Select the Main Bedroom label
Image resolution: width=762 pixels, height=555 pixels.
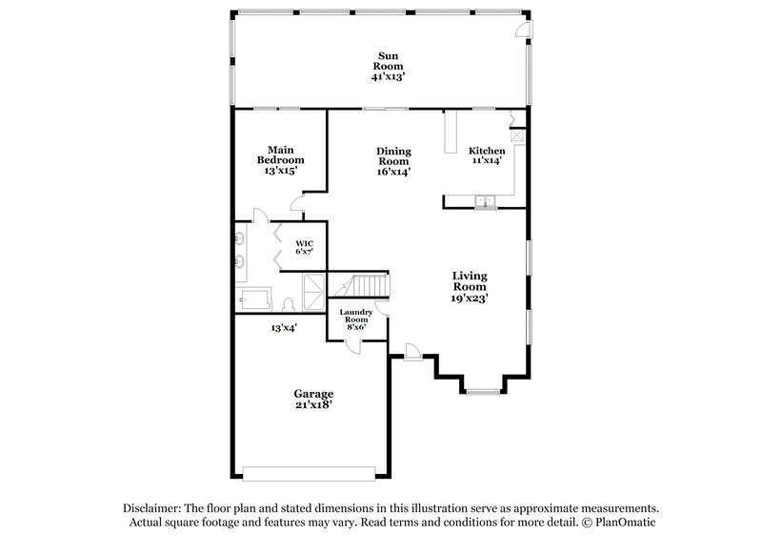(x=279, y=154)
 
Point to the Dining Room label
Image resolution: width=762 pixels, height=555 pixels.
(x=393, y=156)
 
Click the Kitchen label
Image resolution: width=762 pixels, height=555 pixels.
(x=487, y=152)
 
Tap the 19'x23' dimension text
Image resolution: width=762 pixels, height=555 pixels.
(x=470, y=298)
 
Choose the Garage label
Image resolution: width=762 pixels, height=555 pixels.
(x=312, y=393)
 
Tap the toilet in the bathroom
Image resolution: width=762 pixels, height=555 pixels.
(x=287, y=304)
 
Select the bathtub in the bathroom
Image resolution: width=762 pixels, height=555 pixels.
(x=256, y=298)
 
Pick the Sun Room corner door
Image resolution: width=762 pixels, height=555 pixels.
(x=523, y=30)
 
